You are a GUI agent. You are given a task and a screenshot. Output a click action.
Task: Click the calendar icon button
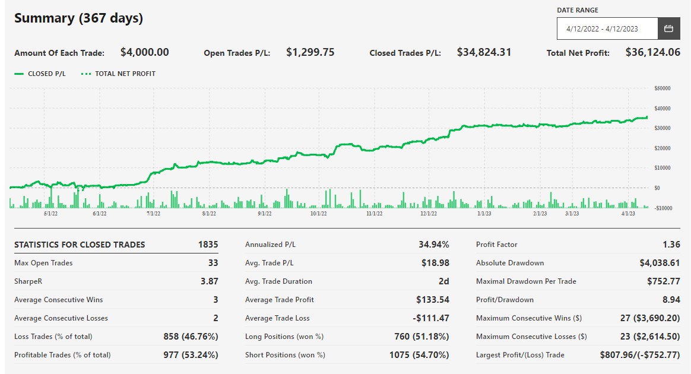tap(668, 28)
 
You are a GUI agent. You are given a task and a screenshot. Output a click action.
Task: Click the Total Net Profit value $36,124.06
tap(652, 52)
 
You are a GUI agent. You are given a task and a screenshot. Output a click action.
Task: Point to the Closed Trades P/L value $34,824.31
tap(484, 52)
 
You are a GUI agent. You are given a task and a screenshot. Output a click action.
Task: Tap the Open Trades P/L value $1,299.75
tap(310, 52)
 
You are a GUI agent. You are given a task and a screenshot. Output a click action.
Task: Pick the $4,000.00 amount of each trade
tap(144, 52)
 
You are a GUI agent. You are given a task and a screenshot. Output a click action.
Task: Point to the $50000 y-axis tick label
tap(661, 88)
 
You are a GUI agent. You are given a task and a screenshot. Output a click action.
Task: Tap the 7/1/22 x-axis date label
tap(153, 213)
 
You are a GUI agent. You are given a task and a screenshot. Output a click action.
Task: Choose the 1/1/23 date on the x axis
tap(484, 213)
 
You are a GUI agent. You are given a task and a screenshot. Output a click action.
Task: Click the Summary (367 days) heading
tap(78, 18)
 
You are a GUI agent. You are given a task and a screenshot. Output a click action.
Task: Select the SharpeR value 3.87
tap(209, 281)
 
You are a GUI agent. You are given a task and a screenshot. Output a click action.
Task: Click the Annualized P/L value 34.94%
tap(434, 245)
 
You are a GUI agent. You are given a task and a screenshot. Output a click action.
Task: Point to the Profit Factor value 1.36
tap(670, 245)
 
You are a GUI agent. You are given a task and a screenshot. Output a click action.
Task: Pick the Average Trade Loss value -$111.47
tap(429, 318)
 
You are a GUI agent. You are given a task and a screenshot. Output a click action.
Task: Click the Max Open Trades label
tap(43, 263)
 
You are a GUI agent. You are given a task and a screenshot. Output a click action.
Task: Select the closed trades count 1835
tap(208, 245)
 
